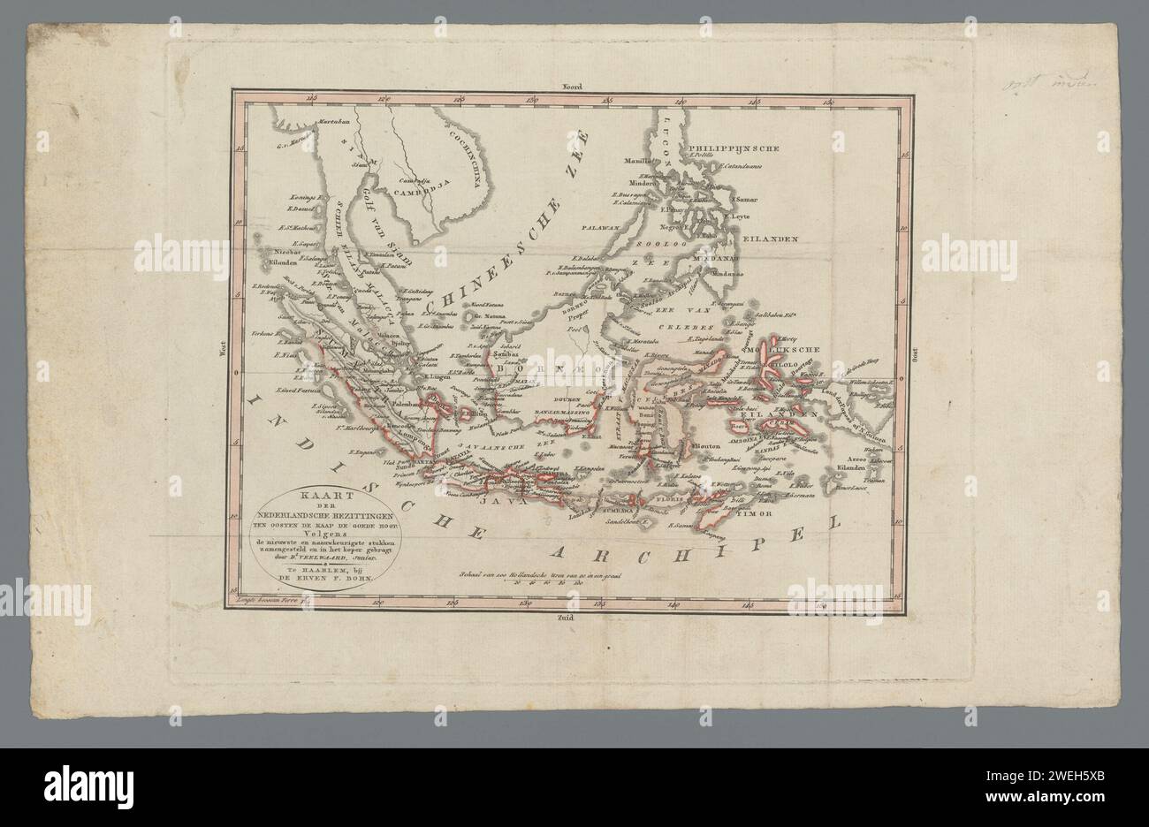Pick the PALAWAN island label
(x=599, y=227)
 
